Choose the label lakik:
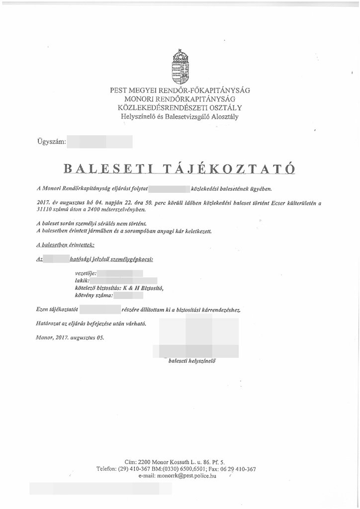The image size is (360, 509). [81, 281]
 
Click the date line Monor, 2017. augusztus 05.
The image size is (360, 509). [71, 338]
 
